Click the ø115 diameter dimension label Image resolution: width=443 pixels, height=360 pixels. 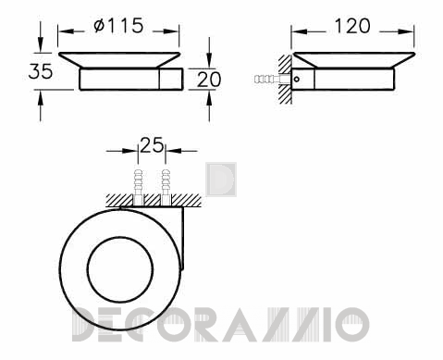click(118, 25)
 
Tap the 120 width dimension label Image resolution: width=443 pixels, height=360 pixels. click(352, 26)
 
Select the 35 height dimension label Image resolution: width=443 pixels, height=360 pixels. click(41, 71)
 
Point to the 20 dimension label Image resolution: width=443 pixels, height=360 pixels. click(209, 79)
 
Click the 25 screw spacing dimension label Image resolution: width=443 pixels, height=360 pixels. click(152, 144)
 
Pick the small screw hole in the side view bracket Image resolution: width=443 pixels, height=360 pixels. click(297, 80)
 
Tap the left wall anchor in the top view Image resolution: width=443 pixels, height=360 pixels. click(138, 187)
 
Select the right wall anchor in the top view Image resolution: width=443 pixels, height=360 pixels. click(166, 187)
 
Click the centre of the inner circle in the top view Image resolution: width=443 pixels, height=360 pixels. click(120, 269)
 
